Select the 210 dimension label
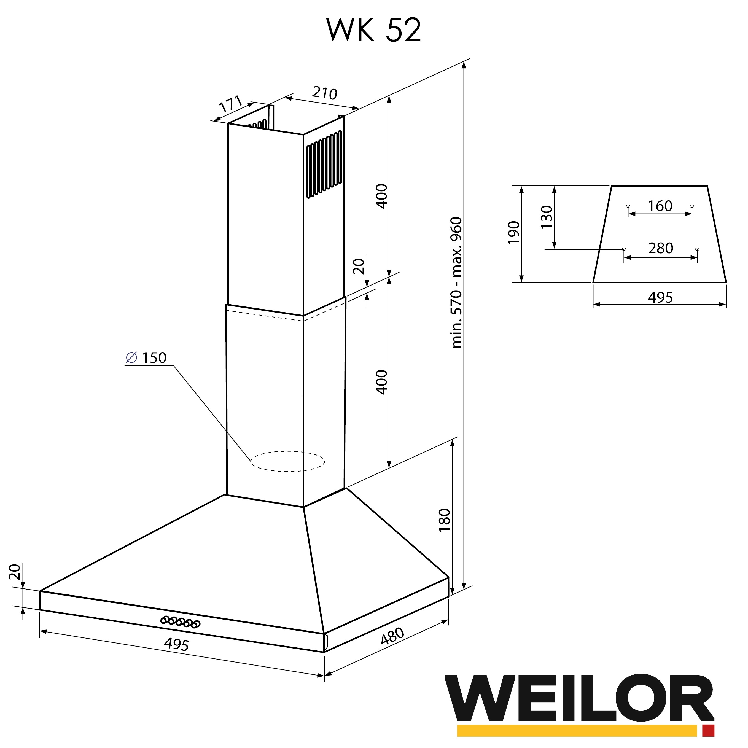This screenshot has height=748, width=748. click(324, 93)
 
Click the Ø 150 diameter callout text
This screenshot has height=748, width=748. click(147, 358)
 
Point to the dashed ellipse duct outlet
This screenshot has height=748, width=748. click(288, 461)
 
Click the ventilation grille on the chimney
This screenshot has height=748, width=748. click(324, 165)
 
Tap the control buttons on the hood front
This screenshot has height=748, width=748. click(181, 622)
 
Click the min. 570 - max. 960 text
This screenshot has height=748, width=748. click(457, 282)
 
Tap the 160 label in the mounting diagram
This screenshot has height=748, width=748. click(660, 206)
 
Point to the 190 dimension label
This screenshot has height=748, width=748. click(513, 233)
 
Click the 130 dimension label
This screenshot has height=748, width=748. click(546, 217)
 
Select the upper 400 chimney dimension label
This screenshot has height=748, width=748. click(382, 196)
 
